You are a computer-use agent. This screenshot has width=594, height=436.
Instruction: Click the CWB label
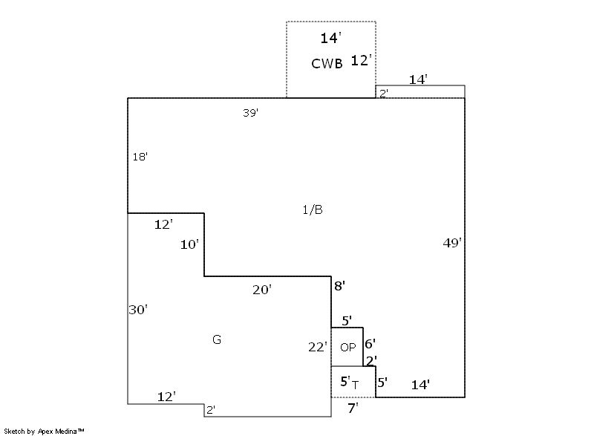point(327,64)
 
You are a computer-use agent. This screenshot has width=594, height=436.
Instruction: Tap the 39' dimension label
point(251,112)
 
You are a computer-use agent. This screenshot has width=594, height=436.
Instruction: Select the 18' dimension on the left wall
point(140,157)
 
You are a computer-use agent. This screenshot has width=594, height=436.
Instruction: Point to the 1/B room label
point(313,209)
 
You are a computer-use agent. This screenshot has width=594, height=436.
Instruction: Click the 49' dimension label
point(452,243)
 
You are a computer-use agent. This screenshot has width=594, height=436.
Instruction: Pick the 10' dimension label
point(189,244)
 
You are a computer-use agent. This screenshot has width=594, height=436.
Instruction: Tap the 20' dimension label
point(262,290)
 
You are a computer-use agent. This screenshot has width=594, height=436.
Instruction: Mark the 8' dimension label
point(339,286)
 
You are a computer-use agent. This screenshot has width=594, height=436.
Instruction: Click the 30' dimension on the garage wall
point(138,310)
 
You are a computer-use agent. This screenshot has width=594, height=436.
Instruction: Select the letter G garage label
point(217,339)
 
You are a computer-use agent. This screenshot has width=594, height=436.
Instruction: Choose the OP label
point(347,347)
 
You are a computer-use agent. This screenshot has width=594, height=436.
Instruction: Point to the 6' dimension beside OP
point(370,344)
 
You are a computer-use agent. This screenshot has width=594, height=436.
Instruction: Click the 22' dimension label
point(318,347)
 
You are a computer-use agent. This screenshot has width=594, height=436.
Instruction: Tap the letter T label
point(355,385)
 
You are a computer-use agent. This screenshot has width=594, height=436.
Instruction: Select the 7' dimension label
point(353,409)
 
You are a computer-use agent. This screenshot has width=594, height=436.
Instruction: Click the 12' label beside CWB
point(361,60)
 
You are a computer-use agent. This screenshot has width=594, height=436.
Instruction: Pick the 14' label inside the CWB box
point(330,38)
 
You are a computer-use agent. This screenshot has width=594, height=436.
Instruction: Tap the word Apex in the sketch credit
point(45,432)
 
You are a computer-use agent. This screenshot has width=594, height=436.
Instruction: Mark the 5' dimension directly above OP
point(347,321)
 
